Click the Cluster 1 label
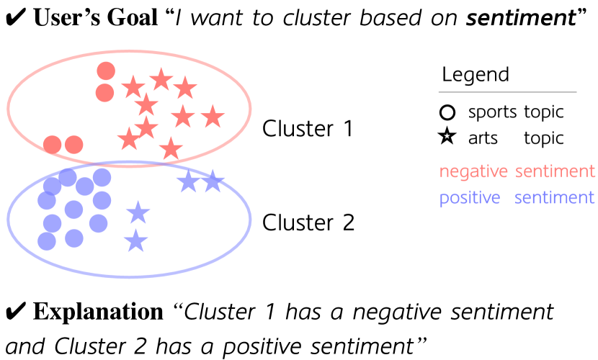(x=308, y=129)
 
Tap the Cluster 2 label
(x=308, y=222)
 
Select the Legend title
(x=476, y=75)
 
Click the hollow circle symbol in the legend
(x=447, y=112)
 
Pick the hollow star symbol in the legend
(x=447, y=137)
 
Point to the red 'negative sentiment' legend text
(x=517, y=171)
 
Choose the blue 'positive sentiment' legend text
(x=517, y=198)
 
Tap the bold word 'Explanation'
(x=98, y=312)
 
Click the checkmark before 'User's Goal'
(x=14, y=19)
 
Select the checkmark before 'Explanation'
(x=14, y=312)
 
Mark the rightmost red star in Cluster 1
(x=211, y=115)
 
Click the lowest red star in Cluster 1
(x=171, y=149)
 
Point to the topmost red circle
(x=106, y=71)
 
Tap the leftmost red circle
(x=52, y=145)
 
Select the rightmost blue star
(x=212, y=181)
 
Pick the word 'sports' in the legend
(x=493, y=112)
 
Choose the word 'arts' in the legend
(x=483, y=138)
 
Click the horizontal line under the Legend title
(x=508, y=92)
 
